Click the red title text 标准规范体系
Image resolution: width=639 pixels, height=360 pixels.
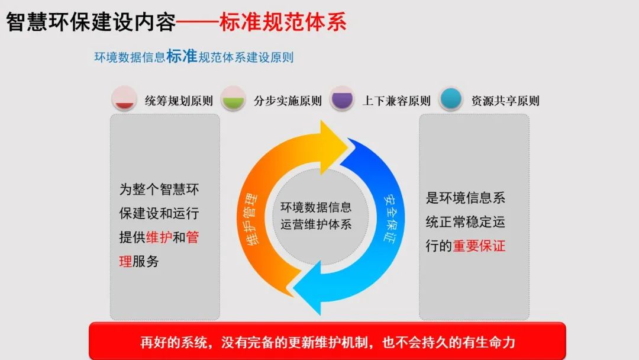[283, 22]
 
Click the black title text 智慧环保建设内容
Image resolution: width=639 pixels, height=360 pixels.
[91, 22]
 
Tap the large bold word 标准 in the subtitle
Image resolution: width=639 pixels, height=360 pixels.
[182, 56]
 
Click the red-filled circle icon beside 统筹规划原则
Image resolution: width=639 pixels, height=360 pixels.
[125, 99]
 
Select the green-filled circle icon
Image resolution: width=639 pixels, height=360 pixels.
[234, 99]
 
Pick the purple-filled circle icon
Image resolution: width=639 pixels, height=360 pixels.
[342, 99]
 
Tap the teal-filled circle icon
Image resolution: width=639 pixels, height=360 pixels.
[451, 99]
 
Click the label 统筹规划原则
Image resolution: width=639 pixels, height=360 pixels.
[179, 101]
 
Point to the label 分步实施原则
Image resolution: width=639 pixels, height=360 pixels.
[288, 101]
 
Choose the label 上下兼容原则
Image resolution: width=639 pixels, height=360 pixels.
[396, 101]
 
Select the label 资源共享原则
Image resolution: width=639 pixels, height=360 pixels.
[505, 101]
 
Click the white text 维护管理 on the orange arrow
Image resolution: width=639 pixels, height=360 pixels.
[253, 218]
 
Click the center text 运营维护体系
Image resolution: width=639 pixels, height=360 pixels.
[316, 224]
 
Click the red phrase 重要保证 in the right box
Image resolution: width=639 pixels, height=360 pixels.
[479, 246]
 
